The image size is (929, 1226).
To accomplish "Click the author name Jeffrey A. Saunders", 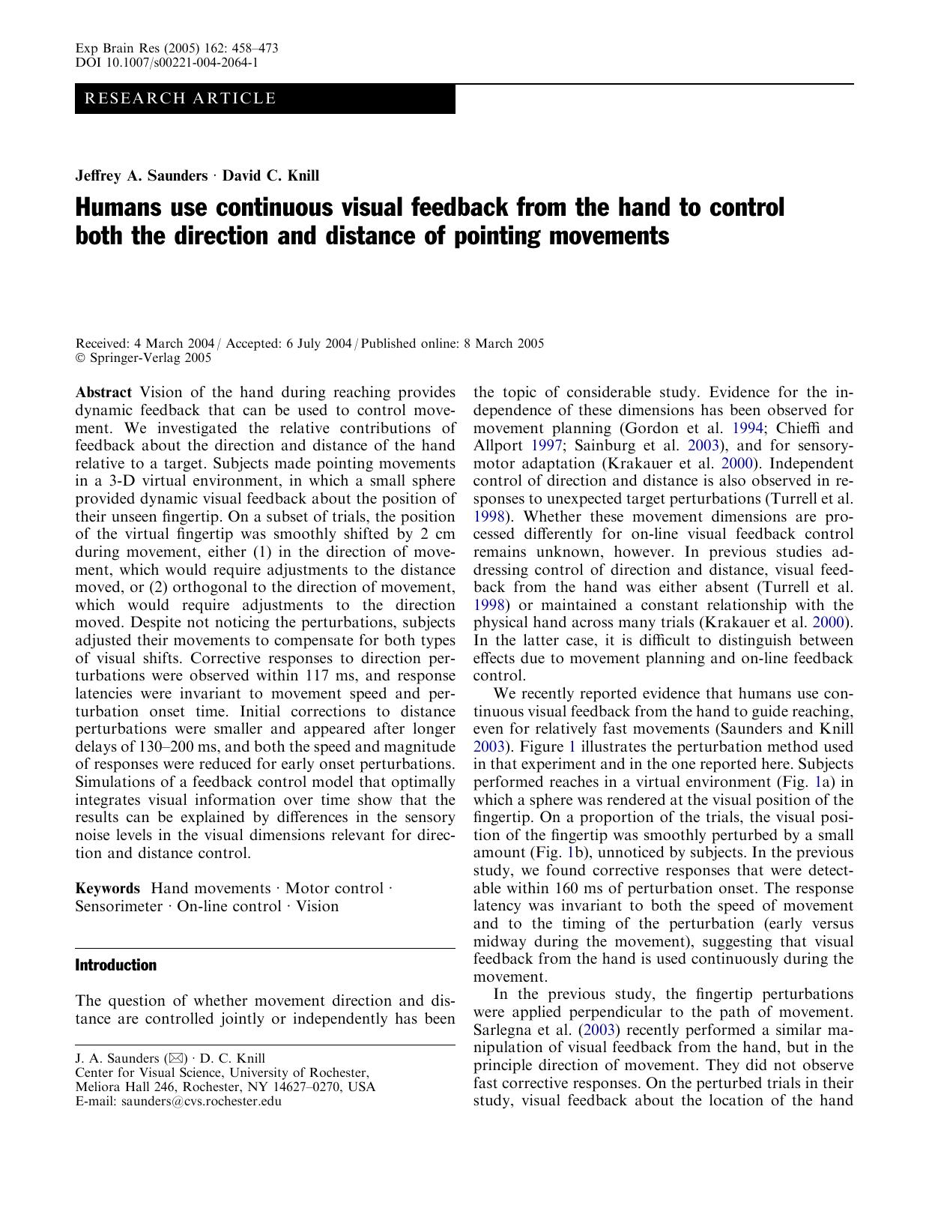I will coord(142,176).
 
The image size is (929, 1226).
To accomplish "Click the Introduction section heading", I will coord(115,965).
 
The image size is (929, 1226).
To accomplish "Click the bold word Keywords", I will coord(107,889).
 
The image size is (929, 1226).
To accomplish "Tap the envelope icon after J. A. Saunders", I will coord(176,1059).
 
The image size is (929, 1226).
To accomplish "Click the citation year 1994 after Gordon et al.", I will coord(748,429).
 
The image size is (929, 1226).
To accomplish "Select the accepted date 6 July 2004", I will coord(318,344).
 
